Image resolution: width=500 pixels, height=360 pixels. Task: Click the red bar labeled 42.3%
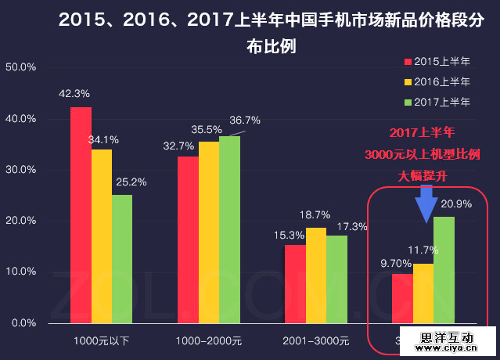click(x=81, y=215)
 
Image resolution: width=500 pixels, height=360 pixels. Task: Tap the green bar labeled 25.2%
click(x=122, y=259)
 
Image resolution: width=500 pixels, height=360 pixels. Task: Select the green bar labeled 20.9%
click(x=444, y=270)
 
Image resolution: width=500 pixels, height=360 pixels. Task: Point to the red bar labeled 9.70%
click(x=401, y=298)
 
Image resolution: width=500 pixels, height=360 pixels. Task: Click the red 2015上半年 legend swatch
click(x=408, y=62)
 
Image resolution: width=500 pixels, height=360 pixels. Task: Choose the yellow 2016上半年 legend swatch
click(x=408, y=81)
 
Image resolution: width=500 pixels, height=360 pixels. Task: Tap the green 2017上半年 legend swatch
click(x=408, y=102)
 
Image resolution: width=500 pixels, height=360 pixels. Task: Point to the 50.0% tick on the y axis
click(x=21, y=67)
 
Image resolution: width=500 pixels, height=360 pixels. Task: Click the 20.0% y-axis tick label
click(x=21, y=221)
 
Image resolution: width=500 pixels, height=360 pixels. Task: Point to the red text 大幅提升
click(x=423, y=175)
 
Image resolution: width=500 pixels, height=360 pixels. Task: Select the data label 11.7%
click(x=423, y=250)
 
